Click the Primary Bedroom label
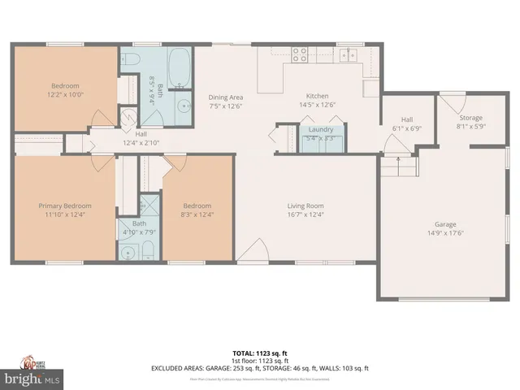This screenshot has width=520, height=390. coord(65,206)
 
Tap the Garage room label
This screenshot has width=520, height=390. coord(444,223)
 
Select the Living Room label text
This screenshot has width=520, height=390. coord(305,206)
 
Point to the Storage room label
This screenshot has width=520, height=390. coord(470,118)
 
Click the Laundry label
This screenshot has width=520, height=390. coord(322,128)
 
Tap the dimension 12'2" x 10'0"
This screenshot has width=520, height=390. coord(65,93)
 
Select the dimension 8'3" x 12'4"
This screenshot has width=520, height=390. coord(197,214)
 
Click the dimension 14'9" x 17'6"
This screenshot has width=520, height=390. coord(444,232)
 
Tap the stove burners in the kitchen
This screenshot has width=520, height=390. coord(299,54)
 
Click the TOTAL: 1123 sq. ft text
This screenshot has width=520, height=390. coord(260,353)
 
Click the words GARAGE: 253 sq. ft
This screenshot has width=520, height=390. coord(244,368)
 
